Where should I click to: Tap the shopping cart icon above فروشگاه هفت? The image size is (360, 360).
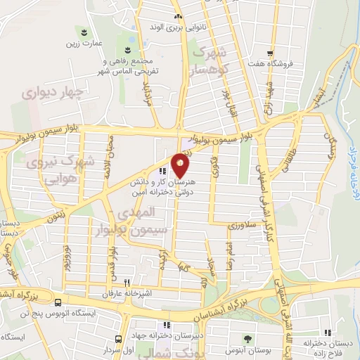tap(271, 53)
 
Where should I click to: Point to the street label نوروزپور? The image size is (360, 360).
tap(66, 258)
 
